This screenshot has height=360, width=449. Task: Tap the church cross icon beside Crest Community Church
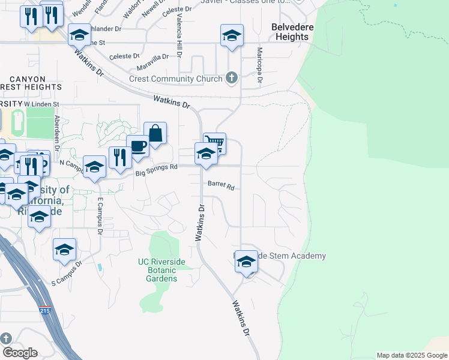click(x=232, y=78)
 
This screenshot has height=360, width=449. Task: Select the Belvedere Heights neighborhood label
click(x=290, y=32)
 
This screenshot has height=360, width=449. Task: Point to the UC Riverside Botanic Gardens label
click(x=157, y=270)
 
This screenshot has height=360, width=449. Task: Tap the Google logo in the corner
click(x=20, y=352)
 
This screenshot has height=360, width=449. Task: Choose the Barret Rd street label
click(x=220, y=185)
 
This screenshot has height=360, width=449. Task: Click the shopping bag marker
click(x=155, y=134)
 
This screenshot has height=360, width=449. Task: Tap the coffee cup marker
click(x=137, y=146)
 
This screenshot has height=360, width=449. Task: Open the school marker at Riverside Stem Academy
click(x=246, y=262)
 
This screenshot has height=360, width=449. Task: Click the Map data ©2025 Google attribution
click(x=411, y=355)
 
